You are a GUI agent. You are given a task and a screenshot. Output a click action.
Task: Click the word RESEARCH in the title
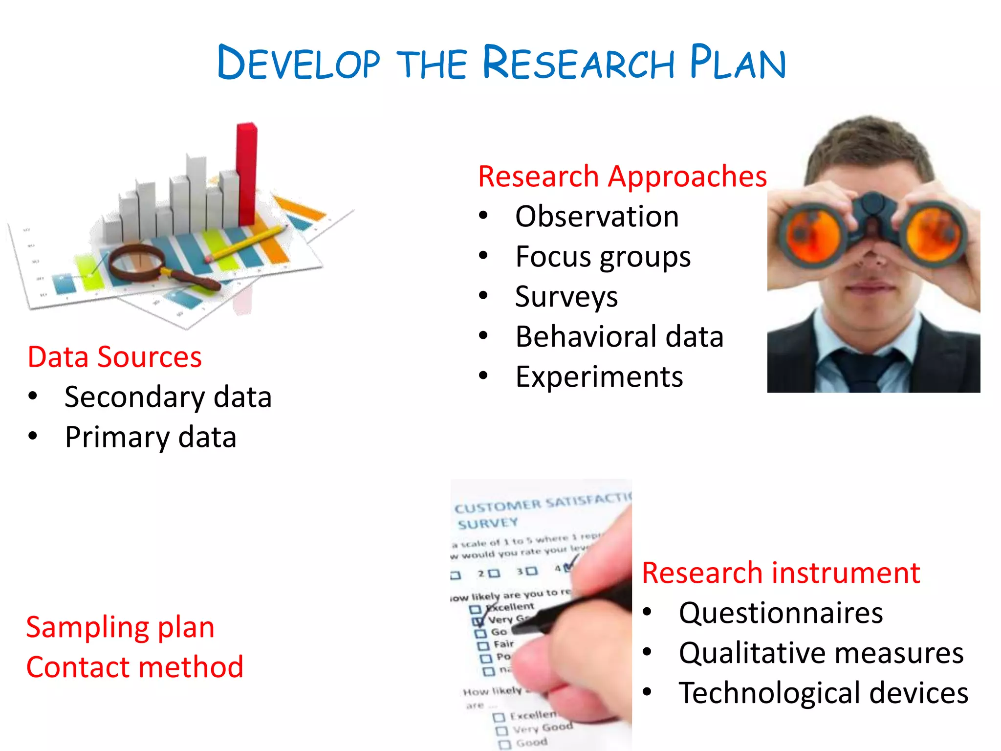[x=579, y=63]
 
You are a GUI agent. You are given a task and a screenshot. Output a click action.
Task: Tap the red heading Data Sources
[x=115, y=356]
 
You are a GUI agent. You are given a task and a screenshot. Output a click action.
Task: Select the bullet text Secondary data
[x=168, y=397]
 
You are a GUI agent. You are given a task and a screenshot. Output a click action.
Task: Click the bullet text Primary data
[x=151, y=437]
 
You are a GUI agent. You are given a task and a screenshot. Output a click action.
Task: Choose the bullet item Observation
[x=597, y=216]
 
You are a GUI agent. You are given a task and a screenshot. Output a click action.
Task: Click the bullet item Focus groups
[x=603, y=257]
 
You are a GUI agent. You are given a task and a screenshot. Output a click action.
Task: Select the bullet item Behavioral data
[x=619, y=337]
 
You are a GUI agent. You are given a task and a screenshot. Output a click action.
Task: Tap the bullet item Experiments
[x=599, y=377]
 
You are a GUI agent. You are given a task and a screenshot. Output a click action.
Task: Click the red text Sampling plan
[x=120, y=627]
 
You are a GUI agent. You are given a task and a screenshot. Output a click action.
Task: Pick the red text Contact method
[x=134, y=667]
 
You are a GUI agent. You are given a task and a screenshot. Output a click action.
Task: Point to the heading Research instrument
[x=781, y=573]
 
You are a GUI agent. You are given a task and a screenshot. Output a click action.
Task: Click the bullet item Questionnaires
[x=781, y=613]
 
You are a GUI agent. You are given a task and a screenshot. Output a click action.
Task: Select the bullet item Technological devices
[x=823, y=693]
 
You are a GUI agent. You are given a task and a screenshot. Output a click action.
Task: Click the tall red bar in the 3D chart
[x=247, y=171]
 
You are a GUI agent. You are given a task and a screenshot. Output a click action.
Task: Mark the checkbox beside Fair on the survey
[x=483, y=646]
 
